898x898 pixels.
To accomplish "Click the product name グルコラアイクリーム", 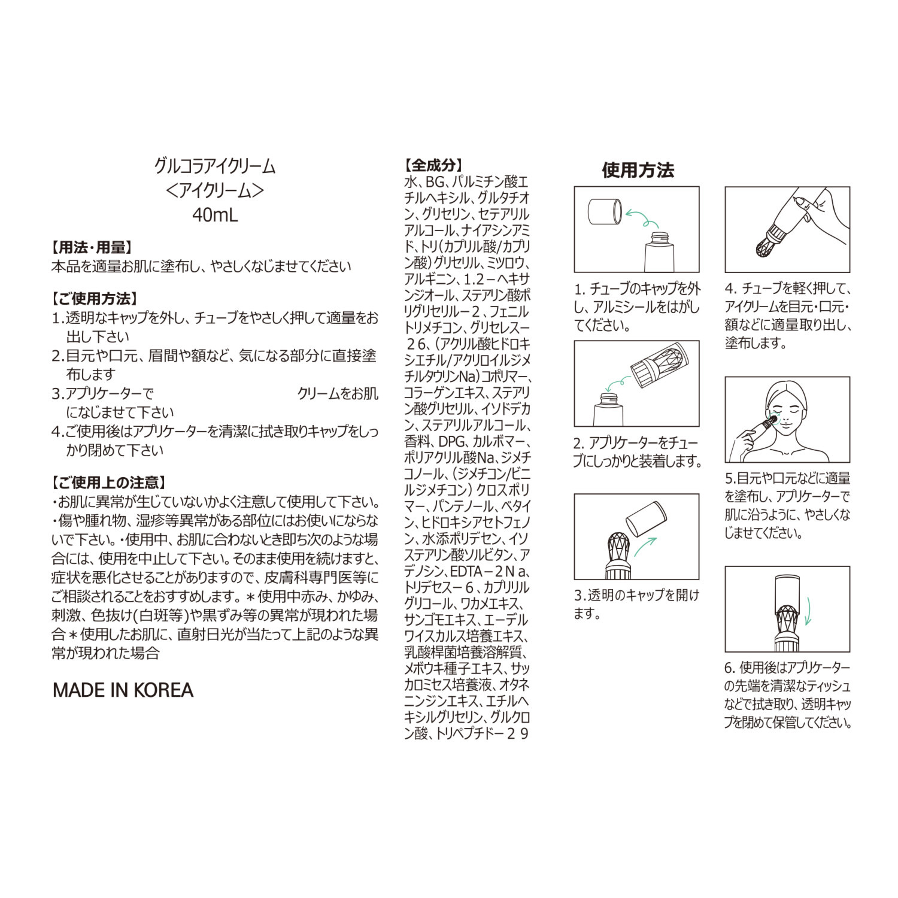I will [x=214, y=166].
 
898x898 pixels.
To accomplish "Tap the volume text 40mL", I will [x=214, y=214].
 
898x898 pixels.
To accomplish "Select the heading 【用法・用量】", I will [x=92, y=247].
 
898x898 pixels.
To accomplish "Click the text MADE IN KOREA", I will [x=123, y=690].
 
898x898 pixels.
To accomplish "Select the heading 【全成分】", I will [x=434, y=165].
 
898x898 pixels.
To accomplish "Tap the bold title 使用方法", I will [x=638, y=170].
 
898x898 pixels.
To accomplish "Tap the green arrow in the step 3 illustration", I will [x=645, y=547].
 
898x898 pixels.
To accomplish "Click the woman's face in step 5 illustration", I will [x=787, y=410].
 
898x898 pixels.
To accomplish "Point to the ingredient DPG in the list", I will [x=452, y=441].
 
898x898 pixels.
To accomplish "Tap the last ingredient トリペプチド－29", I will [x=482, y=733].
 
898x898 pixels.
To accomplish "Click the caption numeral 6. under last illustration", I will [x=729, y=668].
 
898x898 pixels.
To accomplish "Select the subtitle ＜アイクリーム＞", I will [x=214, y=190].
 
